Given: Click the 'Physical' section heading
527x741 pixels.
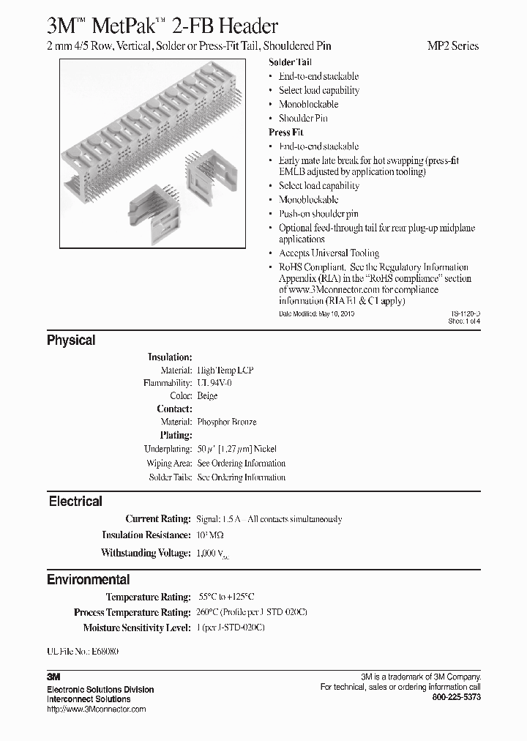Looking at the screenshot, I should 71,340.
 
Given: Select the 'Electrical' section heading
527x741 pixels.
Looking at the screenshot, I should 75,502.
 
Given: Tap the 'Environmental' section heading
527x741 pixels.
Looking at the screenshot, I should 88,580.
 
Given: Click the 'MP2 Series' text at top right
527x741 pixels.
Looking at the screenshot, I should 452,45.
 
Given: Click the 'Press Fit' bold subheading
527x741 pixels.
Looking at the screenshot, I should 285,133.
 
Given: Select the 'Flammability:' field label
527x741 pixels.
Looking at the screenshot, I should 168,383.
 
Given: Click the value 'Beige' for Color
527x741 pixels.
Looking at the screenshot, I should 207,396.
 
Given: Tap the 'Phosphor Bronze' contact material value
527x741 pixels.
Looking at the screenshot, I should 227,422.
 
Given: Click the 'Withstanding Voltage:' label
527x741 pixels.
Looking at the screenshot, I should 146,554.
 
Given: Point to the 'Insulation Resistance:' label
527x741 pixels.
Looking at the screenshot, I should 146,535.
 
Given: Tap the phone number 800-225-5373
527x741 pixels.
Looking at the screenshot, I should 457,698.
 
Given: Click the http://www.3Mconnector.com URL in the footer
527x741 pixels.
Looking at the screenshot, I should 96,710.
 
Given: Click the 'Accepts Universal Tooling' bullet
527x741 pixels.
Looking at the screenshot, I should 328,253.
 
